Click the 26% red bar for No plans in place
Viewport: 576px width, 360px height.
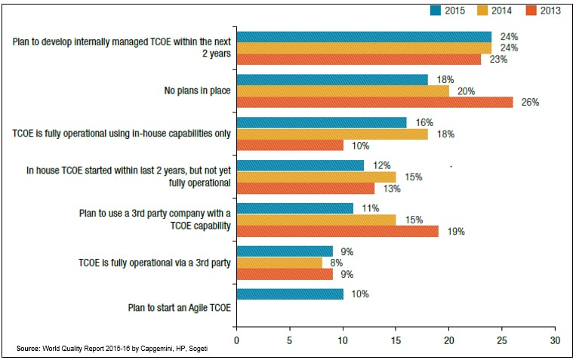[x=374, y=102]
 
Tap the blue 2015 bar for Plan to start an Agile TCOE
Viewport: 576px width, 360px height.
[x=290, y=294]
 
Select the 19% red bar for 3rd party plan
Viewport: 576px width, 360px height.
[x=337, y=231]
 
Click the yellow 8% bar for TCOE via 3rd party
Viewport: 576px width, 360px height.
[x=279, y=263]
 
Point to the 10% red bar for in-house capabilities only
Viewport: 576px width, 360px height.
[x=290, y=145]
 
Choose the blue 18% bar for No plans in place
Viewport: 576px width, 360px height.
[x=332, y=79]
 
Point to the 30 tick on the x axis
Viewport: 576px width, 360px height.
[x=555, y=340]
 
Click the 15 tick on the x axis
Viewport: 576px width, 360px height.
[x=396, y=340]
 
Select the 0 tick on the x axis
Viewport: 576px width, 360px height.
[x=237, y=340]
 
